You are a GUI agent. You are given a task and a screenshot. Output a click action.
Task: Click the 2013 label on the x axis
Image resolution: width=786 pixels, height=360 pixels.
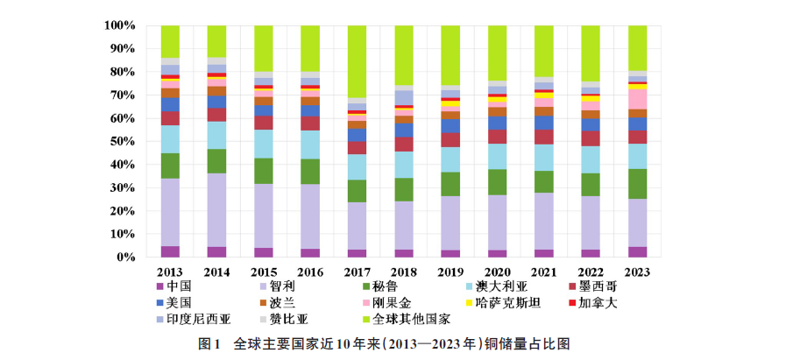pos(170,272)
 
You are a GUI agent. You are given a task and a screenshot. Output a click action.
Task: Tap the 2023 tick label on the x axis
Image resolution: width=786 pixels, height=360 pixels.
pos(637,272)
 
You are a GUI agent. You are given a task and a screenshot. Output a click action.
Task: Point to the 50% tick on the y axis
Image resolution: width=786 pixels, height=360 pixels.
pos(121,141)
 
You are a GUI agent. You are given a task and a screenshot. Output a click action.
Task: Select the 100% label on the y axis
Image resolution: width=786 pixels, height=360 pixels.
pos(117,25)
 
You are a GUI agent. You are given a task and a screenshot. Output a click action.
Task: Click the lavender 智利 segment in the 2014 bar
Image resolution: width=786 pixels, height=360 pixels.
pos(216,210)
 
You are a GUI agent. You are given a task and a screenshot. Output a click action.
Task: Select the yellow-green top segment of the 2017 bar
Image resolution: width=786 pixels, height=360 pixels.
pos(357,61)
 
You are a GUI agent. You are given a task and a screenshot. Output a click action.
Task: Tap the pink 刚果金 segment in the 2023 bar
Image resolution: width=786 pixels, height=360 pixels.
pos(637,98)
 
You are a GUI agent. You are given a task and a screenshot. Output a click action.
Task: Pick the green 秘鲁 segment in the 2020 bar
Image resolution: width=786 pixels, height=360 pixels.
pos(497,182)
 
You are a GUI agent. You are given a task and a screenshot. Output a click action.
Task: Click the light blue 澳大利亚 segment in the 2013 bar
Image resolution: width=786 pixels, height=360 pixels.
pos(170,139)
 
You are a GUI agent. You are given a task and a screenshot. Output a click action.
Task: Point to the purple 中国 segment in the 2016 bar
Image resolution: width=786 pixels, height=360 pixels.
pos(310,253)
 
